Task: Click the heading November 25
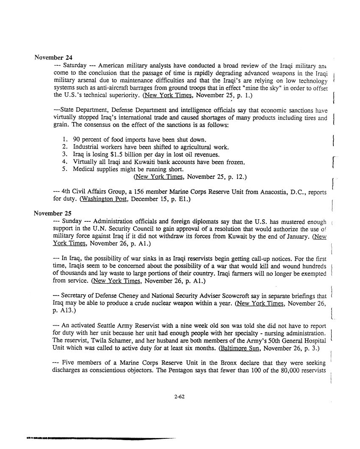point(53,214)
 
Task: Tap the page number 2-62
point(180,397)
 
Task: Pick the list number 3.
point(64,154)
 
